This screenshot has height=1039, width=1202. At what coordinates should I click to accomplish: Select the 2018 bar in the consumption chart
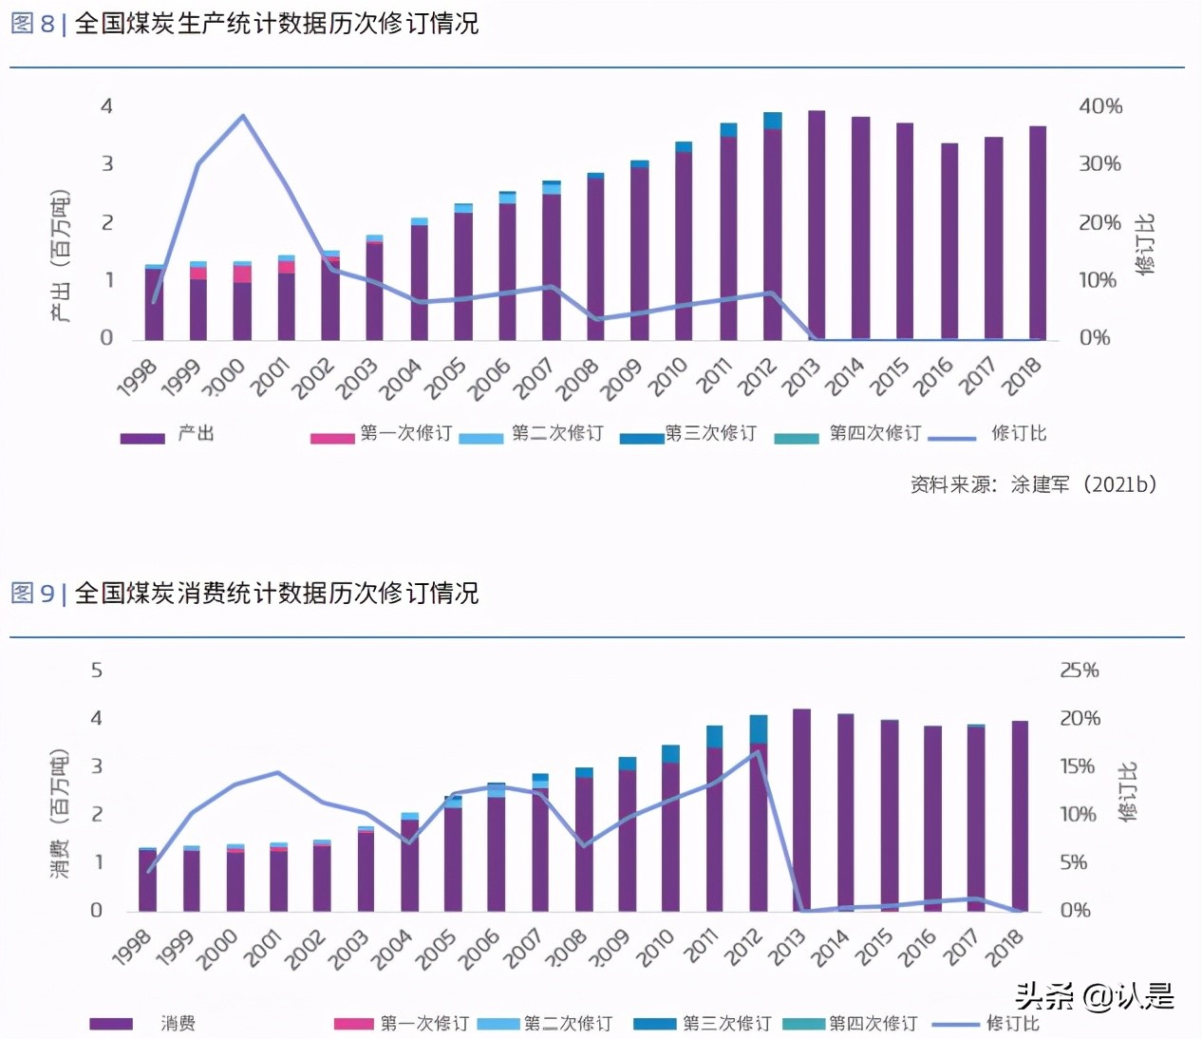point(1020,817)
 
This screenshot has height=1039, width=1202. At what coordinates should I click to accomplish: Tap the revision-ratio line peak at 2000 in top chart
point(243,117)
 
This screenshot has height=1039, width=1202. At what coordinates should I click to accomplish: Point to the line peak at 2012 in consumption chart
point(758,752)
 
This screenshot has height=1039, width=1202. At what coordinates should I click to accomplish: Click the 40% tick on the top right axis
point(1100,106)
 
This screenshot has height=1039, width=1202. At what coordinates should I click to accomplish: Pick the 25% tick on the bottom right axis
point(1080,671)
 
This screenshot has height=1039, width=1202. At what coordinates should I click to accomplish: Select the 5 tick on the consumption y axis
point(96,671)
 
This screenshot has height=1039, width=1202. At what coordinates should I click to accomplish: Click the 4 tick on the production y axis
point(106,106)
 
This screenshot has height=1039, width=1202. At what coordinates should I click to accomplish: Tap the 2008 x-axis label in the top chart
point(577,379)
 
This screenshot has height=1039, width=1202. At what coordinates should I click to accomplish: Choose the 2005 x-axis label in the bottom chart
point(437,949)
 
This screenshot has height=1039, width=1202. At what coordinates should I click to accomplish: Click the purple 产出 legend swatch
point(142,438)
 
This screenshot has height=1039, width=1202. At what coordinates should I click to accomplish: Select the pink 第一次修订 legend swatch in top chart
point(332,438)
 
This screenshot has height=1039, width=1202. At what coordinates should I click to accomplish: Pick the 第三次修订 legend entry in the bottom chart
point(703,1024)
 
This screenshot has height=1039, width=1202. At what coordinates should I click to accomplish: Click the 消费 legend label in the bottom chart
point(178,1024)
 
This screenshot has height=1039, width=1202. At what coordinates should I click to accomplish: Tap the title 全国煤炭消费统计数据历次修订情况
point(276,594)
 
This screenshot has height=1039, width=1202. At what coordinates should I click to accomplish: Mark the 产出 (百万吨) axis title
point(60,256)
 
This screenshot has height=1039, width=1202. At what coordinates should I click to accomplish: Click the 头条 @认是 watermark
point(1094,996)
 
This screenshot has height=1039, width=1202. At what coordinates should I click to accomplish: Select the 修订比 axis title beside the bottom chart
point(1127,791)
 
